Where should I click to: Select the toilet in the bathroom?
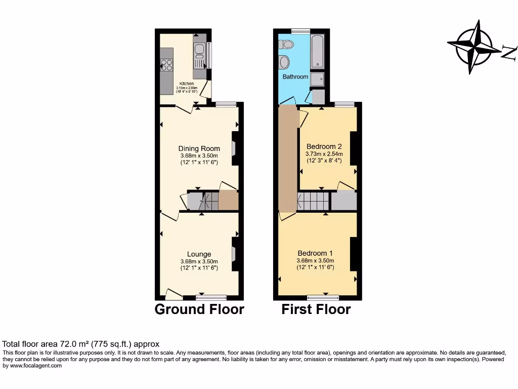click(286, 44)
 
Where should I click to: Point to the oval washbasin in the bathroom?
click(284, 62)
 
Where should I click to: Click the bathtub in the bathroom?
click(318, 52)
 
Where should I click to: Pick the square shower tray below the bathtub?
click(318, 79)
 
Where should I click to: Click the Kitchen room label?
click(186, 84)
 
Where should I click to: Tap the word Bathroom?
click(295, 77)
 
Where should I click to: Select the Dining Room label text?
click(199, 148)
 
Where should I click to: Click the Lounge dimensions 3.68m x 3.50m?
click(199, 261)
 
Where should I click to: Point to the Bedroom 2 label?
click(324, 146)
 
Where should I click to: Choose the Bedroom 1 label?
click(315, 253)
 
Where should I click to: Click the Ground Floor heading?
click(199, 309)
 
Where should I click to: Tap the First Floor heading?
click(316, 309)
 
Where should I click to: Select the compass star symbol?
click(474, 47)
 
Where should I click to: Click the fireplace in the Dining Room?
click(235, 148)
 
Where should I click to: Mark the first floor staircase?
click(314, 201)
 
